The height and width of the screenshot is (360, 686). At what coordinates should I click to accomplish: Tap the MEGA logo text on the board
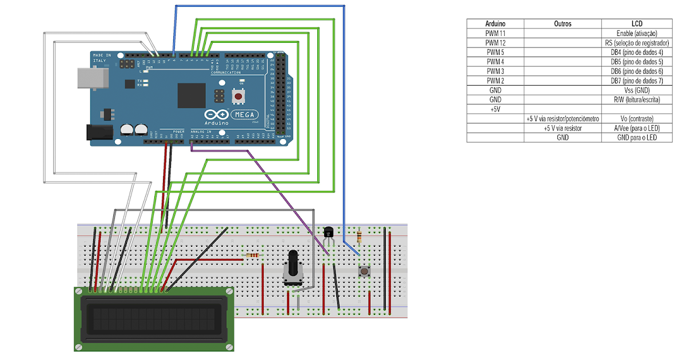coord(245,114)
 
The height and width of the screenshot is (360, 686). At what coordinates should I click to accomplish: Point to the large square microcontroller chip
coord(191,95)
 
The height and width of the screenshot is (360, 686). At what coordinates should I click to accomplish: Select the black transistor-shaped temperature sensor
coord(328,232)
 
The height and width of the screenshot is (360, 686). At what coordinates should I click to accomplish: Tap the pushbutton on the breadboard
coord(363,271)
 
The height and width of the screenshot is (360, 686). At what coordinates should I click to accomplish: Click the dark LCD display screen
coord(153,319)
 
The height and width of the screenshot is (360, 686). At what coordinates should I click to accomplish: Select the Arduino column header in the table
coord(495,23)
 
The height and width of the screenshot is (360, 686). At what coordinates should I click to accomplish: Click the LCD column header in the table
coord(636,23)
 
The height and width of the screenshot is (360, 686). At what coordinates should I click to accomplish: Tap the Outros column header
coord(563,23)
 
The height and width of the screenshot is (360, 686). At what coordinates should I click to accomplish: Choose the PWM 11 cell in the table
coord(495,33)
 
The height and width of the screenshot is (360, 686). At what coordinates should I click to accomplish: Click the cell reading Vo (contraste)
coord(636,119)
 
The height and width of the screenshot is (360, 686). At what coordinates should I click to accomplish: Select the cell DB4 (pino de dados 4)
coord(636,52)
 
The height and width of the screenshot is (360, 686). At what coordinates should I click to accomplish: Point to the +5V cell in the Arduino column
coord(495,109)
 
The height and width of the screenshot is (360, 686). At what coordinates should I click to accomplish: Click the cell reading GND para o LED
coord(636,138)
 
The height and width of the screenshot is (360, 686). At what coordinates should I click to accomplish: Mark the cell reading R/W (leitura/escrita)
coord(636,99)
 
